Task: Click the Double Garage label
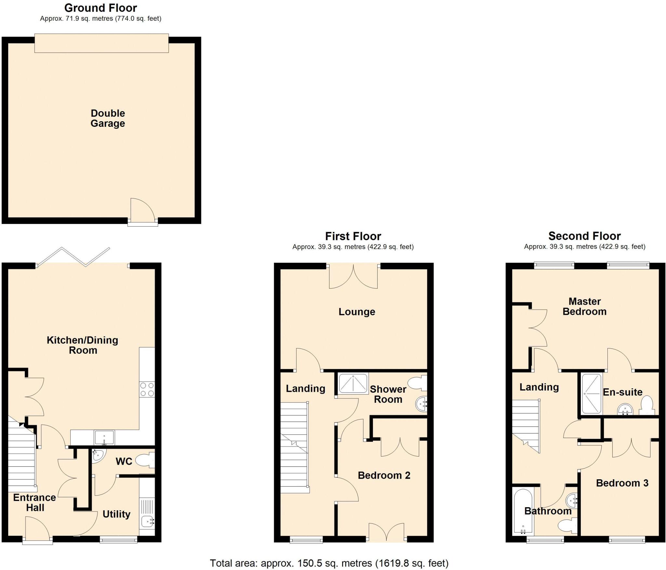(x=108, y=118)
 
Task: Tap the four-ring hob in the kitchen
(x=147, y=389)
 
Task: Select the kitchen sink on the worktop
(x=104, y=437)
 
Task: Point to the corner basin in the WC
(x=98, y=455)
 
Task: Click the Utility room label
(x=116, y=514)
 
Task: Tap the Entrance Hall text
(x=34, y=502)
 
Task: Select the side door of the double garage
(x=142, y=212)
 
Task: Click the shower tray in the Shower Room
(x=353, y=384)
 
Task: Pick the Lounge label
(x=357, y=312)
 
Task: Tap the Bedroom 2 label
(x=384, y=475)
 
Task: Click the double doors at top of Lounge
(x=353, y=276)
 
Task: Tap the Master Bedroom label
(x=584, y=306)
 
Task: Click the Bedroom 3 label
(x=622, y=483)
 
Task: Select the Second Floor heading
(x=584, y=236)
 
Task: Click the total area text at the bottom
(x=329, y=563)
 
